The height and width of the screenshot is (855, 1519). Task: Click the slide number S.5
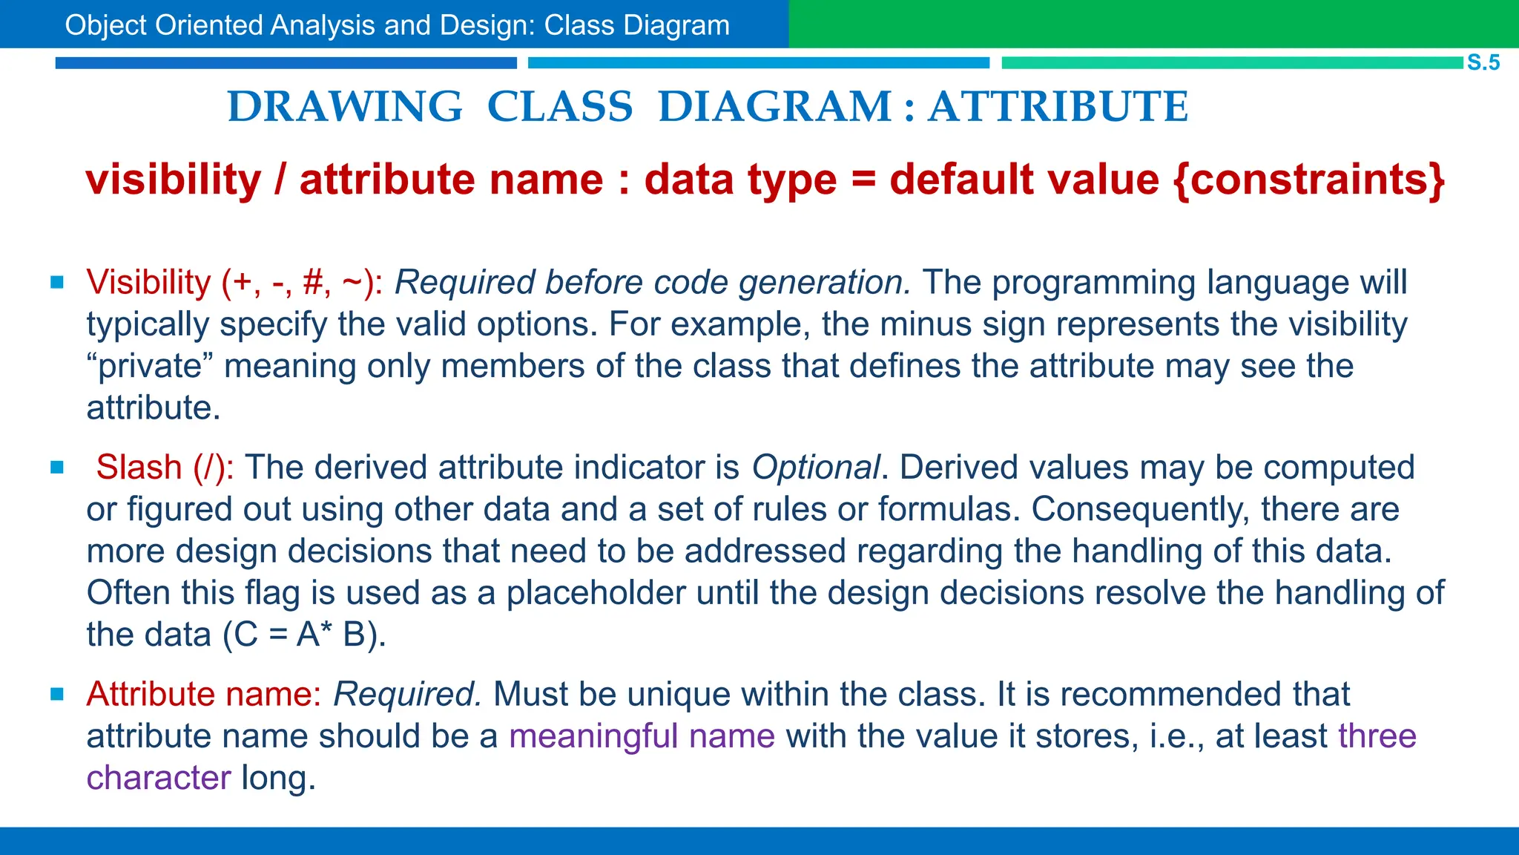1483,62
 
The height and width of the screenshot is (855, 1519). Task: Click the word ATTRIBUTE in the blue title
1058,107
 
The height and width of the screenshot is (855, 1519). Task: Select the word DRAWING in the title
345,107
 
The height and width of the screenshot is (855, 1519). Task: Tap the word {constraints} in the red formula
1310,180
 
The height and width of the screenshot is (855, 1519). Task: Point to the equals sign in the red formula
863,180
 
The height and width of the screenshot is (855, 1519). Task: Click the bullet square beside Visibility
57,282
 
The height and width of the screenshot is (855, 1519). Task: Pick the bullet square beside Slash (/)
57,467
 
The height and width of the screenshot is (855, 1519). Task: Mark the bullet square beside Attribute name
57,694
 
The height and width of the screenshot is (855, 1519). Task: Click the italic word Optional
815,468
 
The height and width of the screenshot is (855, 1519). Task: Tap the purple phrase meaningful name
642,736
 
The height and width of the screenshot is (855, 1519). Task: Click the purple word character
159,778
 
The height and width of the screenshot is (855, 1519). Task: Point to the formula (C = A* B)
304,635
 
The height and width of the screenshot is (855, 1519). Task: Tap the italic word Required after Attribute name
407,695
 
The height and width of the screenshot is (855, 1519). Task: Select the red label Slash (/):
165,468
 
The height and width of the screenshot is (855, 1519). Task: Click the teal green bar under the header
1231,63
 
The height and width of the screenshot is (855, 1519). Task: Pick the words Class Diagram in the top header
636,25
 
